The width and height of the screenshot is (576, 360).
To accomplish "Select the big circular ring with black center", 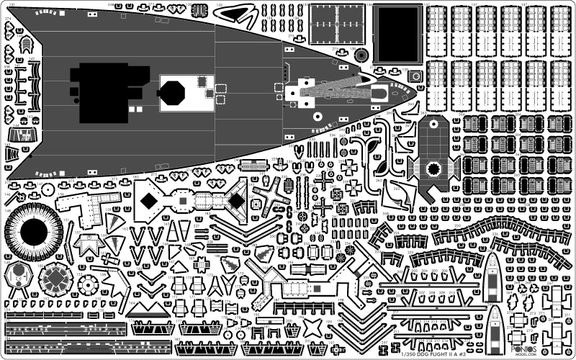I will (x=34, y=232).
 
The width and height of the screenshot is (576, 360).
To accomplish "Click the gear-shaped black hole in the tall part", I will (x=433, y=168).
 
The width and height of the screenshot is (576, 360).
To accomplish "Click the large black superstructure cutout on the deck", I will (x=108, y=92).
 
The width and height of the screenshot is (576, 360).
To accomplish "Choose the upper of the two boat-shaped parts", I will (x=492, y=276).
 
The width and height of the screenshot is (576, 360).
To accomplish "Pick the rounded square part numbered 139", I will (x=415, y=76).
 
